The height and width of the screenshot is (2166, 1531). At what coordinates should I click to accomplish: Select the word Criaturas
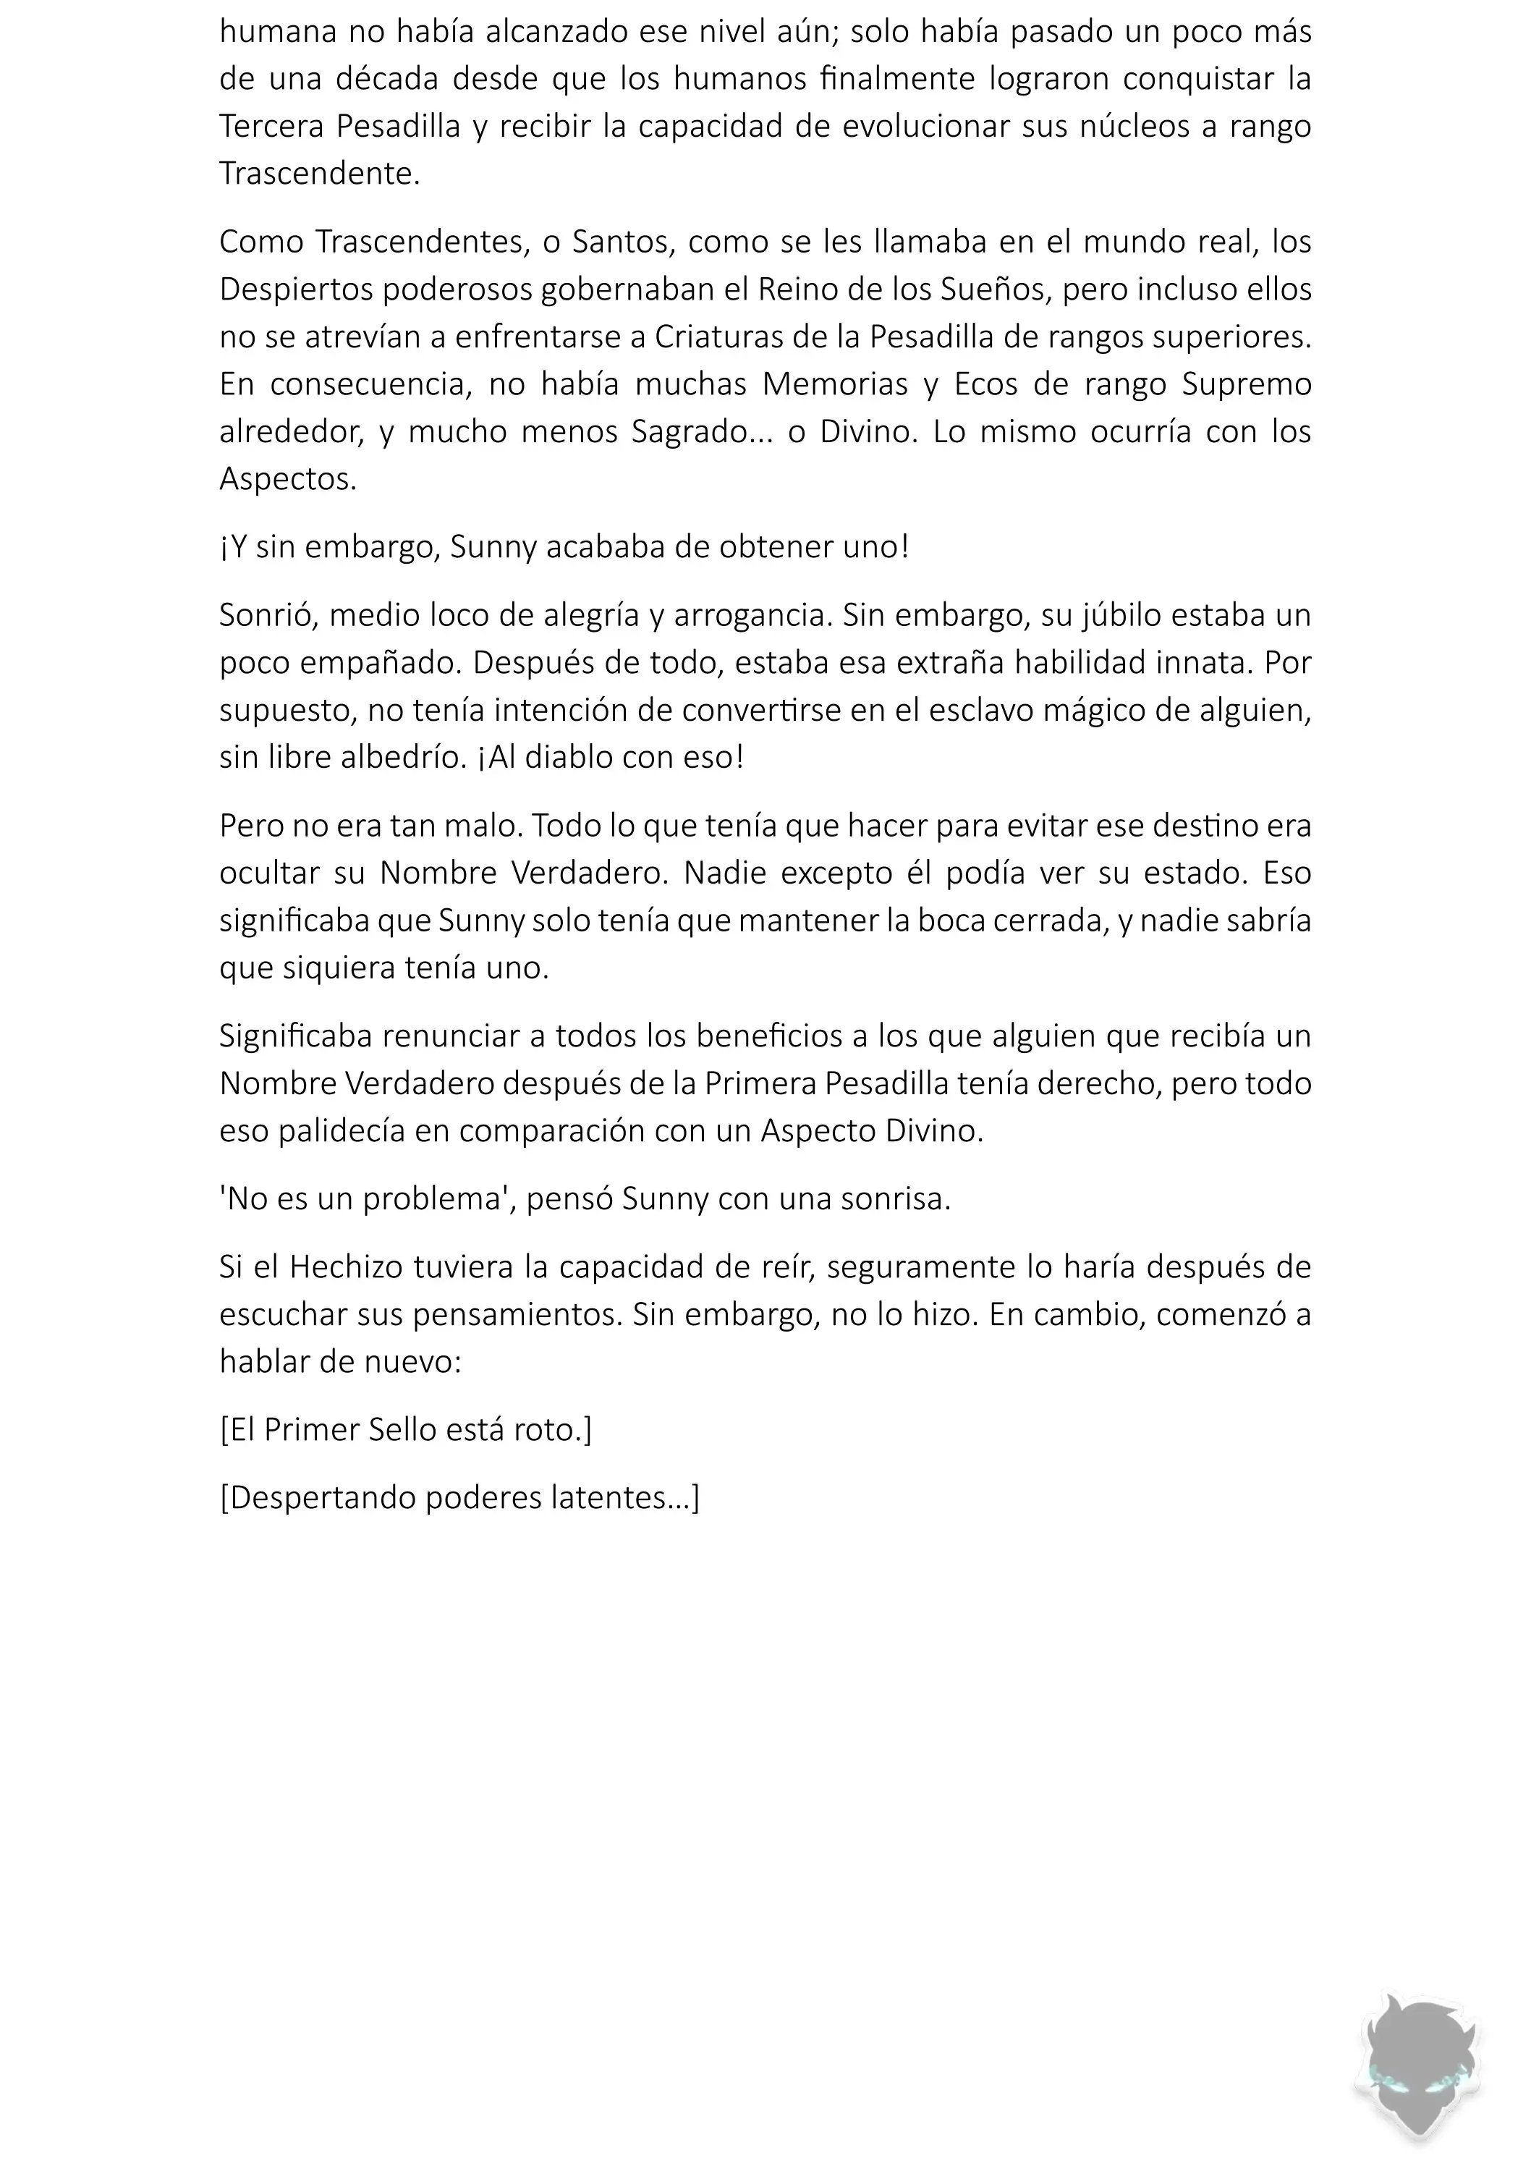726,337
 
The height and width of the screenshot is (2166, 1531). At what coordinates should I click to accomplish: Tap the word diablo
577,756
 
